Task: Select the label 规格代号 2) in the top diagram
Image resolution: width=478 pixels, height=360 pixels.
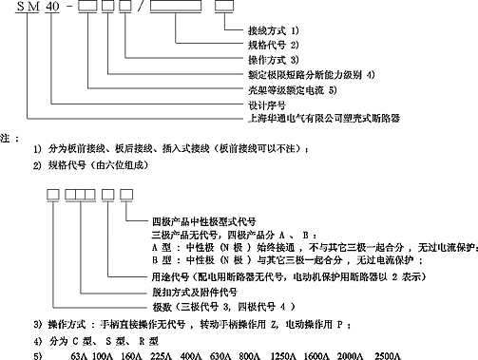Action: tap(273, 46)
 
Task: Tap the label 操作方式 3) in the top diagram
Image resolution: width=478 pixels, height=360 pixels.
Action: tap(273, 59)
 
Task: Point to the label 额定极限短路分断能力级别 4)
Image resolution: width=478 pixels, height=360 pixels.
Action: tap(311, 72)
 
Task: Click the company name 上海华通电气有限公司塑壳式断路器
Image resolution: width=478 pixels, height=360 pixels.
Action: tap(316, 119)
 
